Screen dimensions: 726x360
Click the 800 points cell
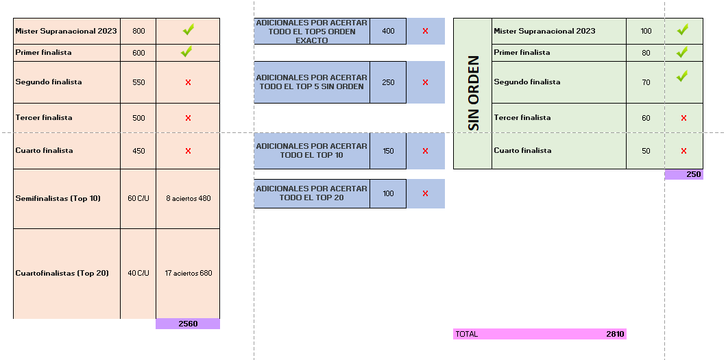tap(138, 31)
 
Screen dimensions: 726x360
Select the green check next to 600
tap(186, 51)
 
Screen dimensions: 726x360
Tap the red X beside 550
tap(188, 82)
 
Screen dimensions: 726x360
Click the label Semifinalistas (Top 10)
tap(58, 198)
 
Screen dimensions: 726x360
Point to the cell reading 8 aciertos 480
tap(188, 198)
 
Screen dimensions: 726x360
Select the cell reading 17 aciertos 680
tap(188, 273)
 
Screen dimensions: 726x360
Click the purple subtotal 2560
tap(188, 324)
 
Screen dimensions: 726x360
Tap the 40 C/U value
tap(138, 273)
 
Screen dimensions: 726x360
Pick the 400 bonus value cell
tap(388, 31)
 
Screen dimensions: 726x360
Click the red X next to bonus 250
tap(425, 82)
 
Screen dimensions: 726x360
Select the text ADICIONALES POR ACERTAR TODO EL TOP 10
tap(312, 151)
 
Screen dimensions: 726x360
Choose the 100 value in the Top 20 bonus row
tap(388, 193)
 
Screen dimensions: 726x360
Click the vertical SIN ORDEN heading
tap(473, 93)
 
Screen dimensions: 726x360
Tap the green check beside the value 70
tap(682, 76)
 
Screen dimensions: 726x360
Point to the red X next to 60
tap(683, 118)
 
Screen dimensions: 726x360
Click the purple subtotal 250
tap(684, 175)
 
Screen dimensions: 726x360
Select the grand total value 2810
tap(615, 334)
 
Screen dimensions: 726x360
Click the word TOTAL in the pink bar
tap(467, 334)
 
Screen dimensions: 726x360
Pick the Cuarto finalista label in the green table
tap(522, 150)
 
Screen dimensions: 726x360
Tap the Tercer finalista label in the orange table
tap(43, 117)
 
